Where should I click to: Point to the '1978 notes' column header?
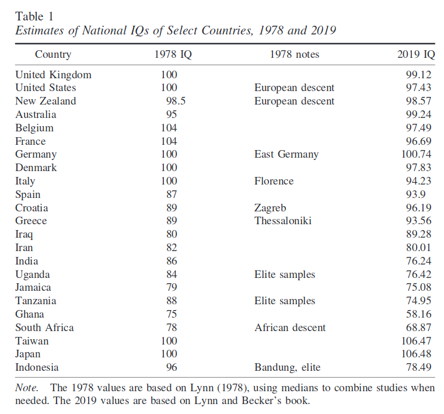tap(295, 55)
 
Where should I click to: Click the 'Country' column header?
tap(53, 55)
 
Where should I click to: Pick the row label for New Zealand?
tap(46, 101)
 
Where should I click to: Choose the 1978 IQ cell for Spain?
tap(172, 194)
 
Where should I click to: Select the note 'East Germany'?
tap(286, 154)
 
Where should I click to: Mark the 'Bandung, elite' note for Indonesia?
tap(288, 367)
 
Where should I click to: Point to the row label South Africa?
tap(44, 328)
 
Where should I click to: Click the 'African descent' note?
tap(290, 328)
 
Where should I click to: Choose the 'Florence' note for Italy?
tap(274, 181)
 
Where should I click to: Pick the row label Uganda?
tap(33, 274)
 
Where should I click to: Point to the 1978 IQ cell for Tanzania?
tap(172, 301)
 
